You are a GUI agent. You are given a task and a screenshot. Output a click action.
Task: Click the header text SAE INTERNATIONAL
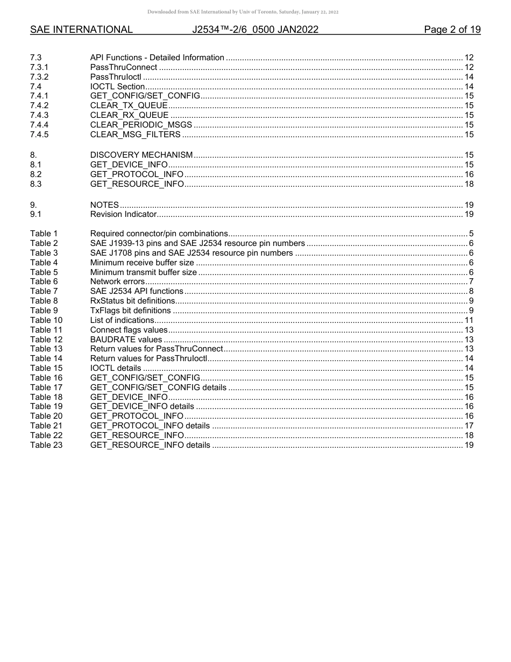tap(81, 30)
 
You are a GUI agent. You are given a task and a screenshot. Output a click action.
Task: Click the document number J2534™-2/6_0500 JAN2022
tap(256, 30)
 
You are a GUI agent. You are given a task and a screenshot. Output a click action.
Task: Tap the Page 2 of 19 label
tap(452, 30)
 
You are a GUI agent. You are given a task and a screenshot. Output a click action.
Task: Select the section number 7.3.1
tap(39, 67)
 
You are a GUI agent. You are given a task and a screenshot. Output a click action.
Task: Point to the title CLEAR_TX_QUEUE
tap(129, 105)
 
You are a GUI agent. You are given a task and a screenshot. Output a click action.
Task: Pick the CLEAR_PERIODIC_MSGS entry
tap(141, 125)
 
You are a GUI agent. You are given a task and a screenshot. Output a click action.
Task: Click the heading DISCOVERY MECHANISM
tap(141, 155)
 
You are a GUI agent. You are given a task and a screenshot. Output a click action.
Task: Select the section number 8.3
tap(36, 184)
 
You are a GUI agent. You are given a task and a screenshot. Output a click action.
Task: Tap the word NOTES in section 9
tap(104, 205)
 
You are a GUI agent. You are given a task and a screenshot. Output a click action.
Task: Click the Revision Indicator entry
tap(123, 215)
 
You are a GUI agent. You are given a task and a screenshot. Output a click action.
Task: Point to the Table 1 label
tap(44, 234)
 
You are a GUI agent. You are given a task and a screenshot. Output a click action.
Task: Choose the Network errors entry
tap(117, 281)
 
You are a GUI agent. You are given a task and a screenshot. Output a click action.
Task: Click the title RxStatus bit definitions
tap(132, 301)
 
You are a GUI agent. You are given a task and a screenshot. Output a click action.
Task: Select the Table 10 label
tap(46, 320)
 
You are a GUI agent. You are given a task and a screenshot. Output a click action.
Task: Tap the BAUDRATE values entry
tap(126, 340)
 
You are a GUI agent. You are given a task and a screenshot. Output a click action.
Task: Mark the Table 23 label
tap(46, 445)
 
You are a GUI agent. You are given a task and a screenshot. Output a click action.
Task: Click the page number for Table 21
tap(469, 426)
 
